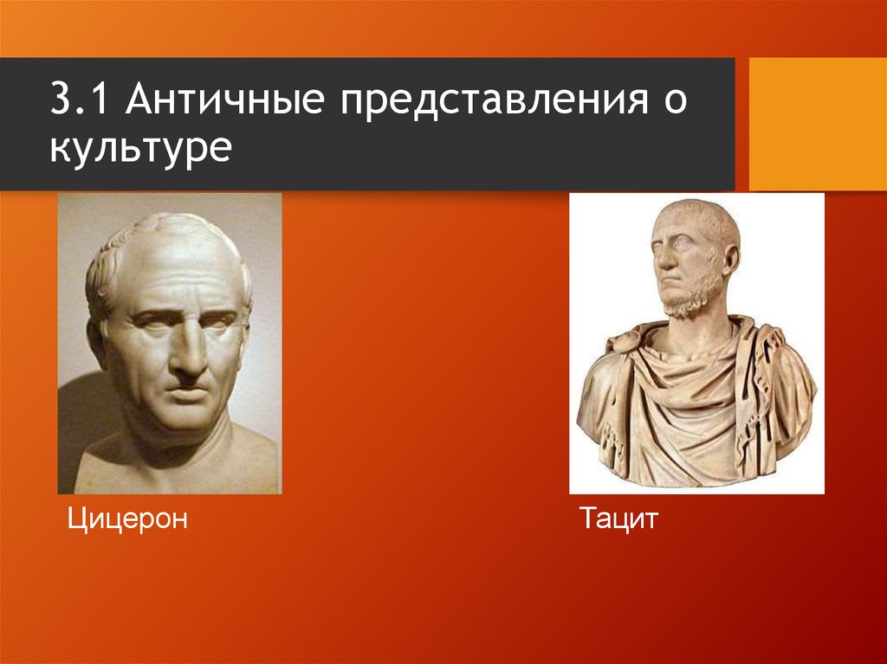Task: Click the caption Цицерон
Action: (x=127, y=521)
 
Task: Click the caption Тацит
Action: (x=619, y=521)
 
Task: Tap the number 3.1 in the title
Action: (x=82, y=102)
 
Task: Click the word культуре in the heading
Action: (x=139, y=149)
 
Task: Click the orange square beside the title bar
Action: (x=817, y=124)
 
